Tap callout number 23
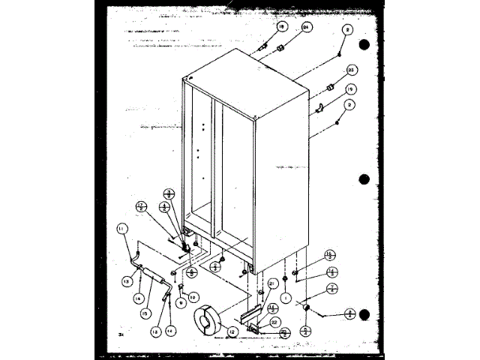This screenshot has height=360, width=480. pos(349,70)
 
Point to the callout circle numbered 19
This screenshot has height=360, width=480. pos(350,89)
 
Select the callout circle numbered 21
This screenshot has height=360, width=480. pos(271,283)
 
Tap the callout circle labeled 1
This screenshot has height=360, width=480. pos(286,297)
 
